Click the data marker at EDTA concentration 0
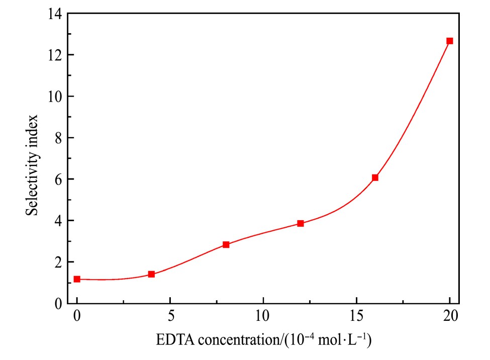(77, 279)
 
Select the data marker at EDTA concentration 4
(151, 274)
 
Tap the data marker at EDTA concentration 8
(226, 244)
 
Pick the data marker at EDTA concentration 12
(301, 223)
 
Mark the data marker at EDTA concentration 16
(375, 177)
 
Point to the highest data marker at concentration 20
(450, 41)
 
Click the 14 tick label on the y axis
(55, 14)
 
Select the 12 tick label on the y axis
(55, 55)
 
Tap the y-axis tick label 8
(58, 138)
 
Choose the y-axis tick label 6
(58, 179)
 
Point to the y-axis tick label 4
(58, 221)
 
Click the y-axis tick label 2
(58, 262)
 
